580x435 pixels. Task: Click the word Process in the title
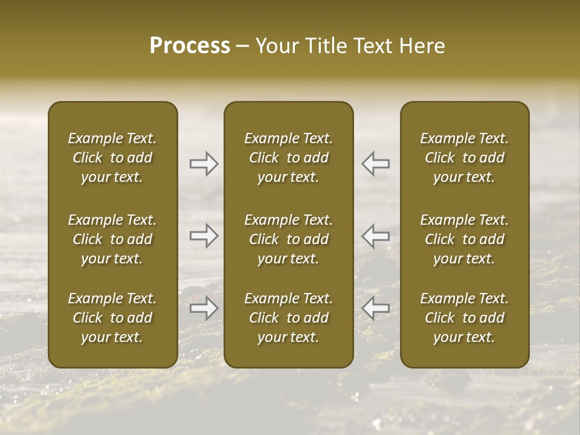190,46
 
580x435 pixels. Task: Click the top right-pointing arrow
204,164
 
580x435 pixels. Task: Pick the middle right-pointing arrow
204,236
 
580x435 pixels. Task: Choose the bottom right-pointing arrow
204,308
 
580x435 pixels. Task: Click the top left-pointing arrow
375,164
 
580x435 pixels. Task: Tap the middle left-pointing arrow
375,236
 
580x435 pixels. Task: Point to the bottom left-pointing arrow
375,308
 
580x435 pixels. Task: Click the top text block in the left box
112,158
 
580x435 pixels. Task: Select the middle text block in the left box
112,239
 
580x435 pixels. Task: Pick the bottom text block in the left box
112,318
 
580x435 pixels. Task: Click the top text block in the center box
289,158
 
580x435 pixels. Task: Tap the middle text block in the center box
289,239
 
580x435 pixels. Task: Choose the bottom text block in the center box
289,318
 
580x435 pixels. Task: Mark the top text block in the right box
465,158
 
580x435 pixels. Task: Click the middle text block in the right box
465,239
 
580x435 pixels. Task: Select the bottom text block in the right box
465,318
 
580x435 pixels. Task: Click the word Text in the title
371,46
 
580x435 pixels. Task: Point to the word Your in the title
276,46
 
